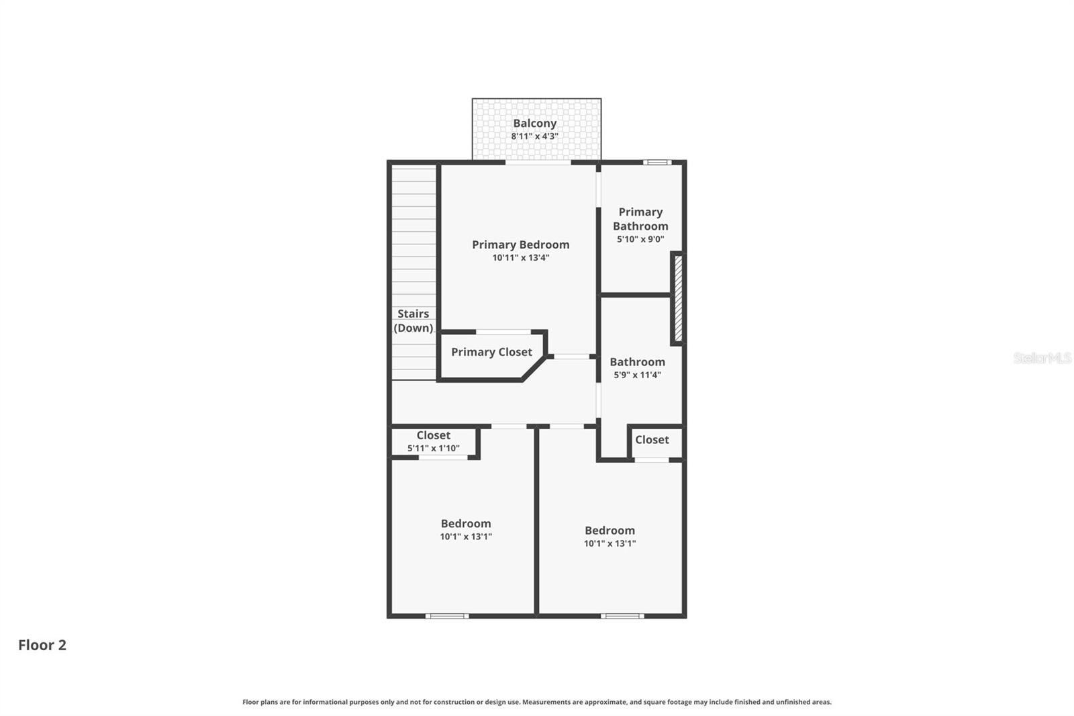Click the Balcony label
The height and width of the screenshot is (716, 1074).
534,124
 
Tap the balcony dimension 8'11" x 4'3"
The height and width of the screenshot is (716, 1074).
534,136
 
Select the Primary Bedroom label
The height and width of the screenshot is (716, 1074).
520,245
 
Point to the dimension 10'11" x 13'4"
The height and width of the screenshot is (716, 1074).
520,258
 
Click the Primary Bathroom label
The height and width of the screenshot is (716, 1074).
640,219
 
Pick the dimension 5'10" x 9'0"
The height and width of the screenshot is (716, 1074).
640,239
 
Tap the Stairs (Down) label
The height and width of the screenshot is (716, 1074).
413,321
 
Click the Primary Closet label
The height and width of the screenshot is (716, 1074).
491,352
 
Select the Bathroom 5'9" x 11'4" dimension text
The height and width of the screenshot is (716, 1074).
637,375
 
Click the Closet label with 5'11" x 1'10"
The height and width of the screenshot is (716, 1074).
433,436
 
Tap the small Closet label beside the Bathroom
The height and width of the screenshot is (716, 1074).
652,440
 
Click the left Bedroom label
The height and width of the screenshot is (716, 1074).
466,524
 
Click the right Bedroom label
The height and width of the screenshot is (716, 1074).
609,531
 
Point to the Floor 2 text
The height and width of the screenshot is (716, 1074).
42,645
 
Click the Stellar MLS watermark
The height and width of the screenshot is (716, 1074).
1042,358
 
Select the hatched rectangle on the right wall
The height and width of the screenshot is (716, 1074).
678,298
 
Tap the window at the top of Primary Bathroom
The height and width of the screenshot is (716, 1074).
656,162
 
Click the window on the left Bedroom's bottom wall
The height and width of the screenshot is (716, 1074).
447,616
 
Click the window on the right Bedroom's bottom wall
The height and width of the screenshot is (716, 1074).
622,616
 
